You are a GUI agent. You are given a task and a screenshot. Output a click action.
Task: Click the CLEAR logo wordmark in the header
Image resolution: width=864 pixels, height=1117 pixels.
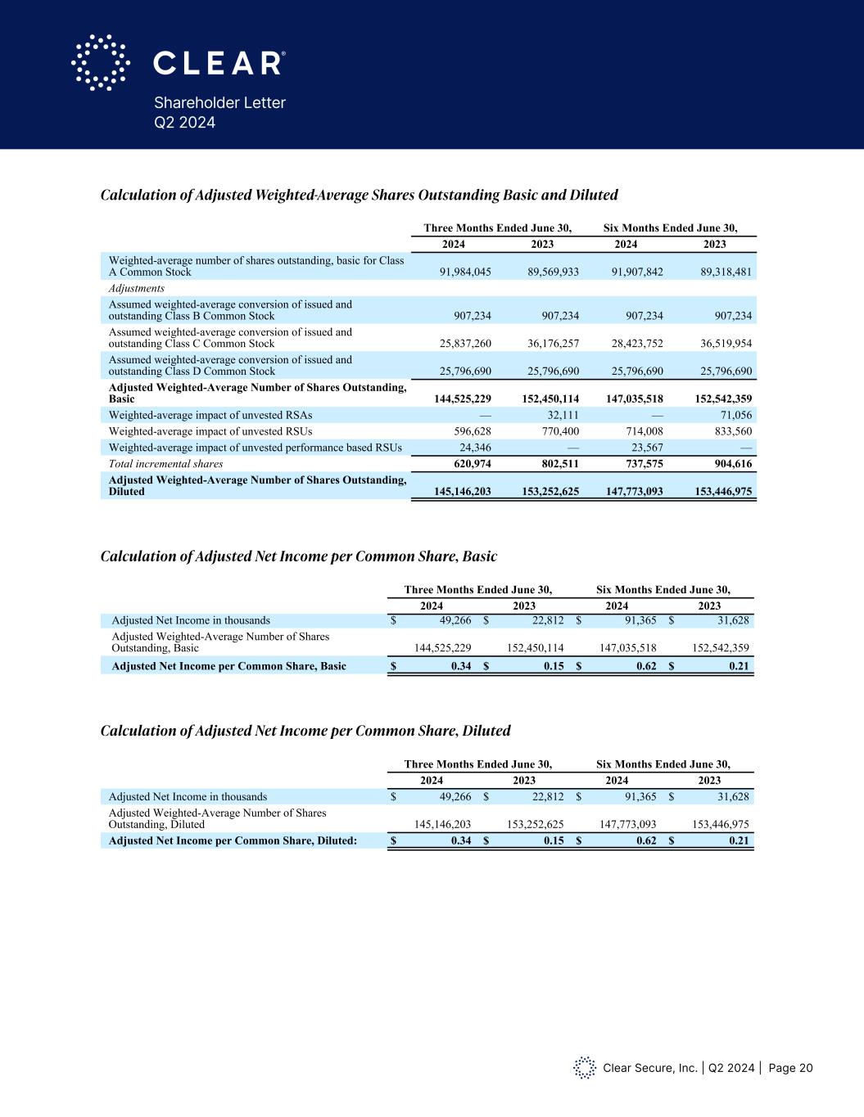[x=219, y=63]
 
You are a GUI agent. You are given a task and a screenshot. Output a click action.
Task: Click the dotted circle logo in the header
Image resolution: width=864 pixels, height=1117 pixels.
[x=101, y=62]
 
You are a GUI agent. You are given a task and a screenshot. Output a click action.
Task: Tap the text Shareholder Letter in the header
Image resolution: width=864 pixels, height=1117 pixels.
[x=219, y=103]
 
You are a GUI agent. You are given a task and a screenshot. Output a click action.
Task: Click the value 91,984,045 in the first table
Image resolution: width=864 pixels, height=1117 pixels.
[x=459, y=272]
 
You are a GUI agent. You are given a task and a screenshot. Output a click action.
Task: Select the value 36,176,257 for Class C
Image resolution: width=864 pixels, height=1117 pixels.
[x=548, y=344]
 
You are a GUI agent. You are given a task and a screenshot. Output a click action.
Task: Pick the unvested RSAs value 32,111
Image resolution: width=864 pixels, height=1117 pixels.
[x=561, y=415]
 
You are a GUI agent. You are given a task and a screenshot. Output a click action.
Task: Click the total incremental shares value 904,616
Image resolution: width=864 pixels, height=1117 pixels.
[x=728, y=463]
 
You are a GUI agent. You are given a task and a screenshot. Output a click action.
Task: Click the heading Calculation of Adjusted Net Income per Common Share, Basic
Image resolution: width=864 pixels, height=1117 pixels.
[x=298, y=556]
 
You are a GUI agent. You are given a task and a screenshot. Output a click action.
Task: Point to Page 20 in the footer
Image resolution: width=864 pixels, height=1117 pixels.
[x=791, y=1068]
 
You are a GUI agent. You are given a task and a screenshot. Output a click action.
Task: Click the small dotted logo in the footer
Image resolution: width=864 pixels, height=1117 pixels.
[x=584, y=1067]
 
